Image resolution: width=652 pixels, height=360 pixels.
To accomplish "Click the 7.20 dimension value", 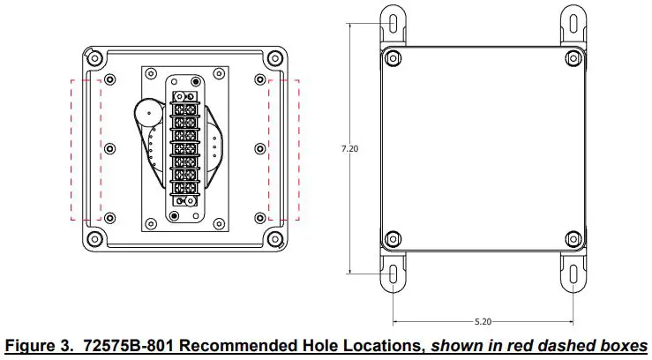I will point(349,149).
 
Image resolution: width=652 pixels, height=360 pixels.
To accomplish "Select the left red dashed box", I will point(86,149).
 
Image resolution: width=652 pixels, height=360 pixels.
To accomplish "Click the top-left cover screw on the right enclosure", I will point(391,59).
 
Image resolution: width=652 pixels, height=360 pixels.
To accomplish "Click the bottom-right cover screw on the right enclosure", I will point(572,238).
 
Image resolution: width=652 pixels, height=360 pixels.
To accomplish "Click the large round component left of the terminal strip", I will point(148,114).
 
